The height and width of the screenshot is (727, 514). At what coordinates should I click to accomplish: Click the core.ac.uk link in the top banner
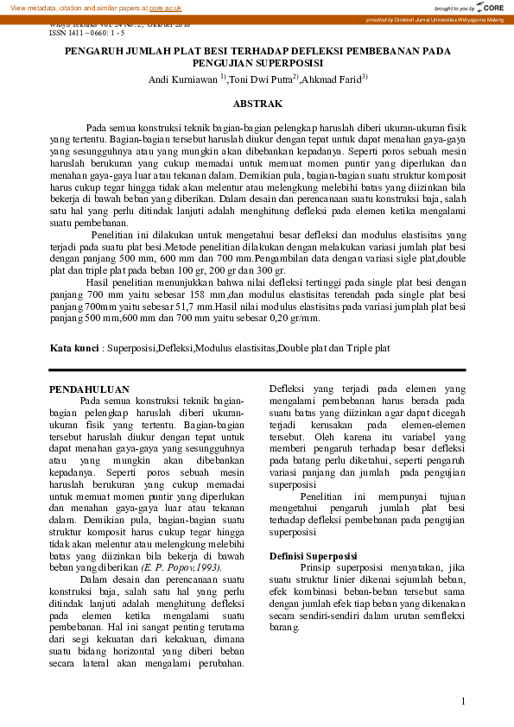pyautogui.click(x=165, y=7)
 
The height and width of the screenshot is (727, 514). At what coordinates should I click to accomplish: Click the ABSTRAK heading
pyautogui.click(x=257, y=104)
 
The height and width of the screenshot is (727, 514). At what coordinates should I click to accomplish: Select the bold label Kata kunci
pyautogui.click(x=73, y=349)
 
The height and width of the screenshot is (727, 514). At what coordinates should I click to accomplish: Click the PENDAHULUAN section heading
pyautogui.click(x=89, y=389)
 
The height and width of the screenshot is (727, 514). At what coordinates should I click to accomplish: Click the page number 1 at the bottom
pyautogui.click(x=463, y=701)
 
